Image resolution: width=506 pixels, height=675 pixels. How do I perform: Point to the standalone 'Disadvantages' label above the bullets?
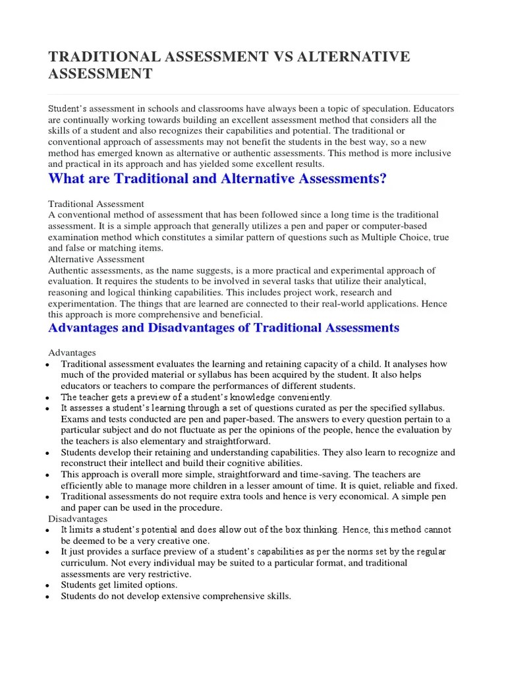[x=78, y=519]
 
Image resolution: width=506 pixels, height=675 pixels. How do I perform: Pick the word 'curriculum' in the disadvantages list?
[x=84, y=563]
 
